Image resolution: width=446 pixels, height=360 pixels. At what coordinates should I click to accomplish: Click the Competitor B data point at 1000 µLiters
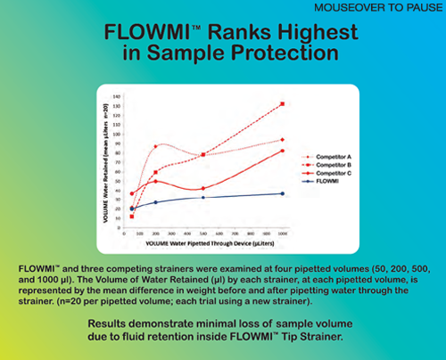(x=283, y=104)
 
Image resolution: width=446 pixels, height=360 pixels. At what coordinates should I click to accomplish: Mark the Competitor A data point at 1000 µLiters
(x=283, y=140)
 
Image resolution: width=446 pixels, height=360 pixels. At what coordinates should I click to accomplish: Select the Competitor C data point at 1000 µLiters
(x=283, y=151)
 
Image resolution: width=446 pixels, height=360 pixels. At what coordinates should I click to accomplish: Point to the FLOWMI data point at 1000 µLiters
(x=283, y=193)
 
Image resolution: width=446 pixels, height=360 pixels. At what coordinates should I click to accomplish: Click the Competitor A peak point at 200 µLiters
(x=156, y=146)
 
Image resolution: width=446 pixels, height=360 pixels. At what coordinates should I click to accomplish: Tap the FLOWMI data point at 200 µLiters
(x=156, y=202)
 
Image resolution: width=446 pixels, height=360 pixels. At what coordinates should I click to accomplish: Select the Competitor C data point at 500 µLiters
(x=203, y=188)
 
